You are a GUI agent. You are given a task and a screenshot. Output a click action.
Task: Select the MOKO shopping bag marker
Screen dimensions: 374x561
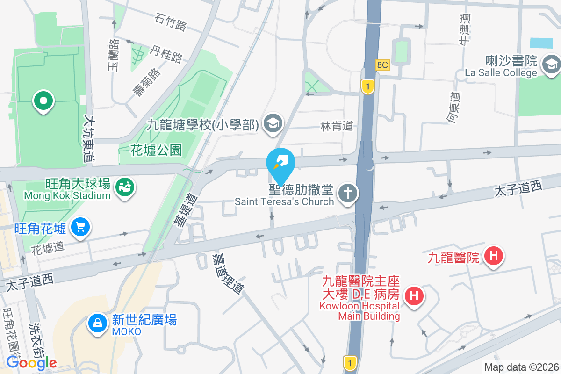click(98, 324)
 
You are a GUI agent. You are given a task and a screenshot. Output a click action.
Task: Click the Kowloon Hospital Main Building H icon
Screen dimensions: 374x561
click(413, 295)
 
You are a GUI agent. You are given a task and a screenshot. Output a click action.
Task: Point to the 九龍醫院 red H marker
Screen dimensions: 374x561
click(493, 256)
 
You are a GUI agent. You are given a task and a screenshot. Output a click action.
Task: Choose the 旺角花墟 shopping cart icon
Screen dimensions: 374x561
click(80, 228)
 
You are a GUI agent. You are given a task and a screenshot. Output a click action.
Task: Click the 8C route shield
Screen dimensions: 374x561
click(382, 65)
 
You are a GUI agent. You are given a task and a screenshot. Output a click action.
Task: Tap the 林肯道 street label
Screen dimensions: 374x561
click(336, 126)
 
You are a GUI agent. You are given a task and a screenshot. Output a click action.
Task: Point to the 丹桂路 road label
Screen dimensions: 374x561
click(166, 54)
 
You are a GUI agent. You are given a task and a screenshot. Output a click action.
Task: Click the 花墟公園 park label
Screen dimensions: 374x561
click(156, 150)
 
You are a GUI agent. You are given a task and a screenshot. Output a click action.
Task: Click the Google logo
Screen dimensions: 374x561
click(31, 362)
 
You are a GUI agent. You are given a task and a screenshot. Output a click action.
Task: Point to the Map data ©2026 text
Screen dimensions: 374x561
click(521, 367)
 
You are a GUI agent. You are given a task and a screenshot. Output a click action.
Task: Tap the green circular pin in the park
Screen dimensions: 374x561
click(43, 101)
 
